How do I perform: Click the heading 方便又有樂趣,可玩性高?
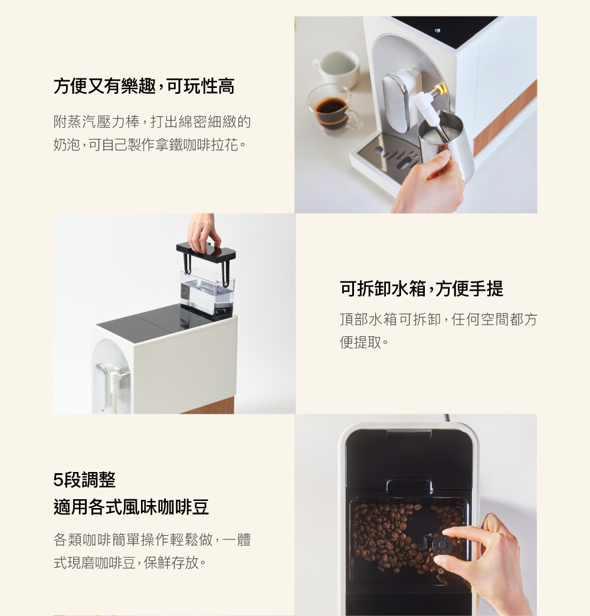click(x=144, y=87)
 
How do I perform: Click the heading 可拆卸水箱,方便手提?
click(x=422, y=289)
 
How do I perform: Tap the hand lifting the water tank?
click(x=202, y=230)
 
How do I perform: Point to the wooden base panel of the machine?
click(x=209, y=405)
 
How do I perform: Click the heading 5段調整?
click(x=84, y=480)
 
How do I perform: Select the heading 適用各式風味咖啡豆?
click(x=131, y=507)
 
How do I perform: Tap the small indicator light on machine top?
click(x=437, y=30)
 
